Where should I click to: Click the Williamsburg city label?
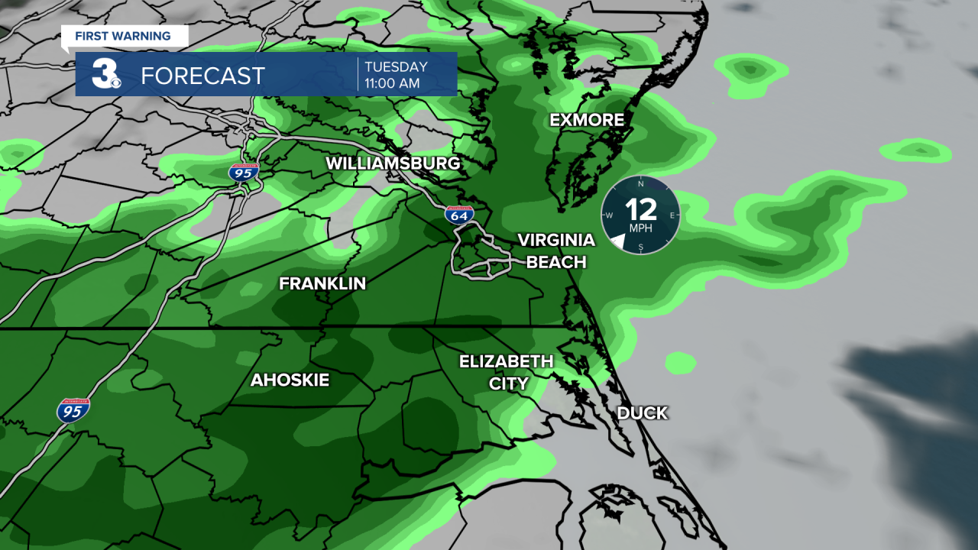click(393, 163)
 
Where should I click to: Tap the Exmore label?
click(587, 120)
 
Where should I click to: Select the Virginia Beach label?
click(556, 251)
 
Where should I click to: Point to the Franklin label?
click(322, 284)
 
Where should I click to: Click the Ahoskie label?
click(290, 380)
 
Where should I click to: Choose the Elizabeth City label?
click(506, 372)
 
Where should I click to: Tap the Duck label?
click(642, 413)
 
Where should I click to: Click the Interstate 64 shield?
click(459, 215)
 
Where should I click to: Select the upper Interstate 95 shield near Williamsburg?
click(243, 172)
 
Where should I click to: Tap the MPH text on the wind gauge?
click(640, 228)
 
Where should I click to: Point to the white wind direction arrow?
click(617, 242)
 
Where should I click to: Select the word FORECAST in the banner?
click(202, 76)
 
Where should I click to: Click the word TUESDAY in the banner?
click(396, 66)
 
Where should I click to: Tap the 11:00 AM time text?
click(392, 83)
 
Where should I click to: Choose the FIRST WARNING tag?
click(122, 36)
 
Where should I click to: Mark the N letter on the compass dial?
click(640, 184)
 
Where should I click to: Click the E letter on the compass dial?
click(672, 215)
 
